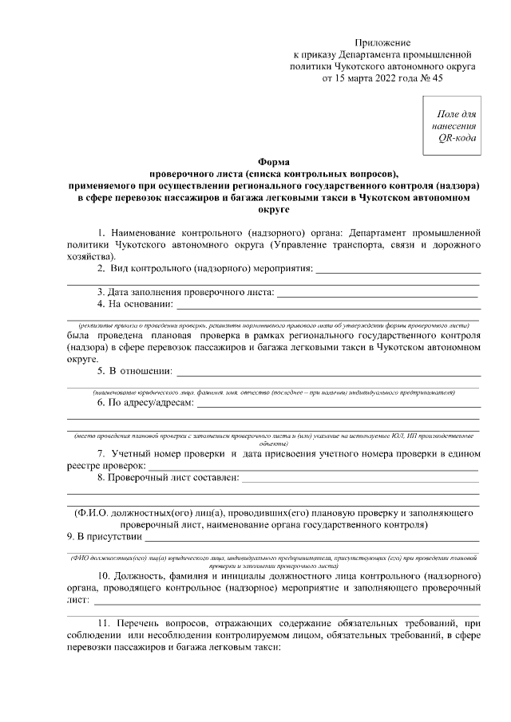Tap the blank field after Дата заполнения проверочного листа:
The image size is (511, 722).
(375, 293)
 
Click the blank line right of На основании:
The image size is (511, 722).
(327, 305)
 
